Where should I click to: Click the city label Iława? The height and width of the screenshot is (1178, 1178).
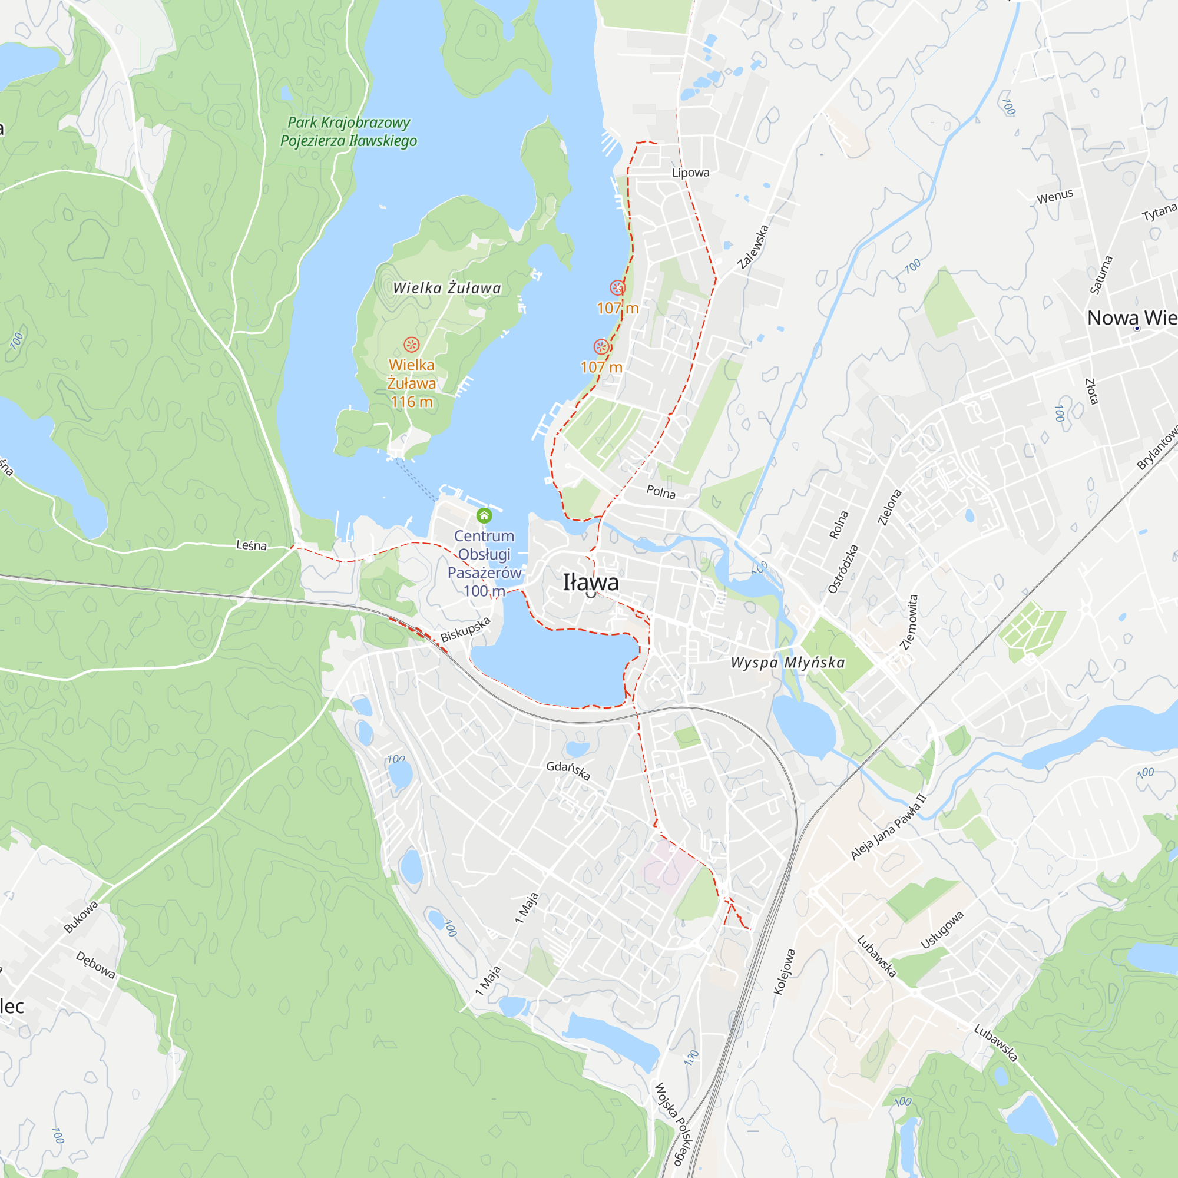[x=590, y=583]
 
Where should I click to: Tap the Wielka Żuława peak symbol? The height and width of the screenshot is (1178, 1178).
[x=412, y=345]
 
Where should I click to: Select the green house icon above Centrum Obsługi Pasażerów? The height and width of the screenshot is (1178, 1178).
[x=484, y=516]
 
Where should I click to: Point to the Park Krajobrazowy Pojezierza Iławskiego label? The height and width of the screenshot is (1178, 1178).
[x=349, y=132]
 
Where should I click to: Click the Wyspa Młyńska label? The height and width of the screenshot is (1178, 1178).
[x=787, y=662]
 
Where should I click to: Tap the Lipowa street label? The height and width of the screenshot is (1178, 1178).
[x=690, y=173]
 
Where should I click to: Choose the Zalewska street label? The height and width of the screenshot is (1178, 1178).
[x=754, y=247]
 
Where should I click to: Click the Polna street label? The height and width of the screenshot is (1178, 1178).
[x=661, y=491]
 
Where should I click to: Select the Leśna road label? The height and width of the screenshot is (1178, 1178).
[x=252, y=545]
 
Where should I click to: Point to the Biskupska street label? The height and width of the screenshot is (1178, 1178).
[x=465, y=629]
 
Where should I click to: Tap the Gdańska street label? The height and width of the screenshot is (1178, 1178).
[x=568, y=770]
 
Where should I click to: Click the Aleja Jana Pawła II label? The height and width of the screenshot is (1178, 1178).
[x=888, y=826]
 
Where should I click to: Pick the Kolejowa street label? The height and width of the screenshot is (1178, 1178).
[x=785, y=972]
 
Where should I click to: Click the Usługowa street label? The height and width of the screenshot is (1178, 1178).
[x=942, y=930]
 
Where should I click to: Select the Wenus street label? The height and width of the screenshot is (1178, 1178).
[x=1055, y=196]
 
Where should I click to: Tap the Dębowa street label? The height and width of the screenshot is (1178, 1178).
[x=95, y=965]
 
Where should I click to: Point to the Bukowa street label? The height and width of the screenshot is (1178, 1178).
[x=81, y=917]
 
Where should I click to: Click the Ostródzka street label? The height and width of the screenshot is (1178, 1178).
[x=843, y=569]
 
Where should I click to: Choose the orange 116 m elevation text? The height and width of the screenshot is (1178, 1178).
[x=412, y=402]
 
